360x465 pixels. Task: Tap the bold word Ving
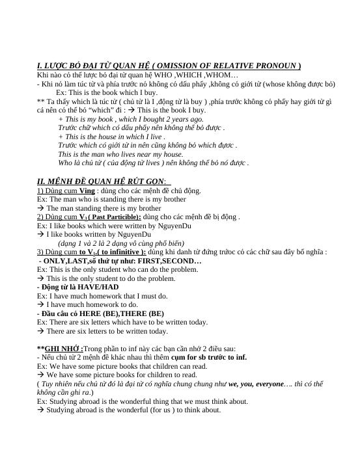pos(87,191)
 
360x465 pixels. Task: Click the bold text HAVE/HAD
pos(97,286)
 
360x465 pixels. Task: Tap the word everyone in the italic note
pos(264,384)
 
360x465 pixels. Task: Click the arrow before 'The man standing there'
pos(40,209)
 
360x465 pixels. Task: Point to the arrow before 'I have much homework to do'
pos(40,304)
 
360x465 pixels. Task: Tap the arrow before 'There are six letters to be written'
pos(40,331)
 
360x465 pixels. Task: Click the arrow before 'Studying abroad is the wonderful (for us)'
pos(40,410)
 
